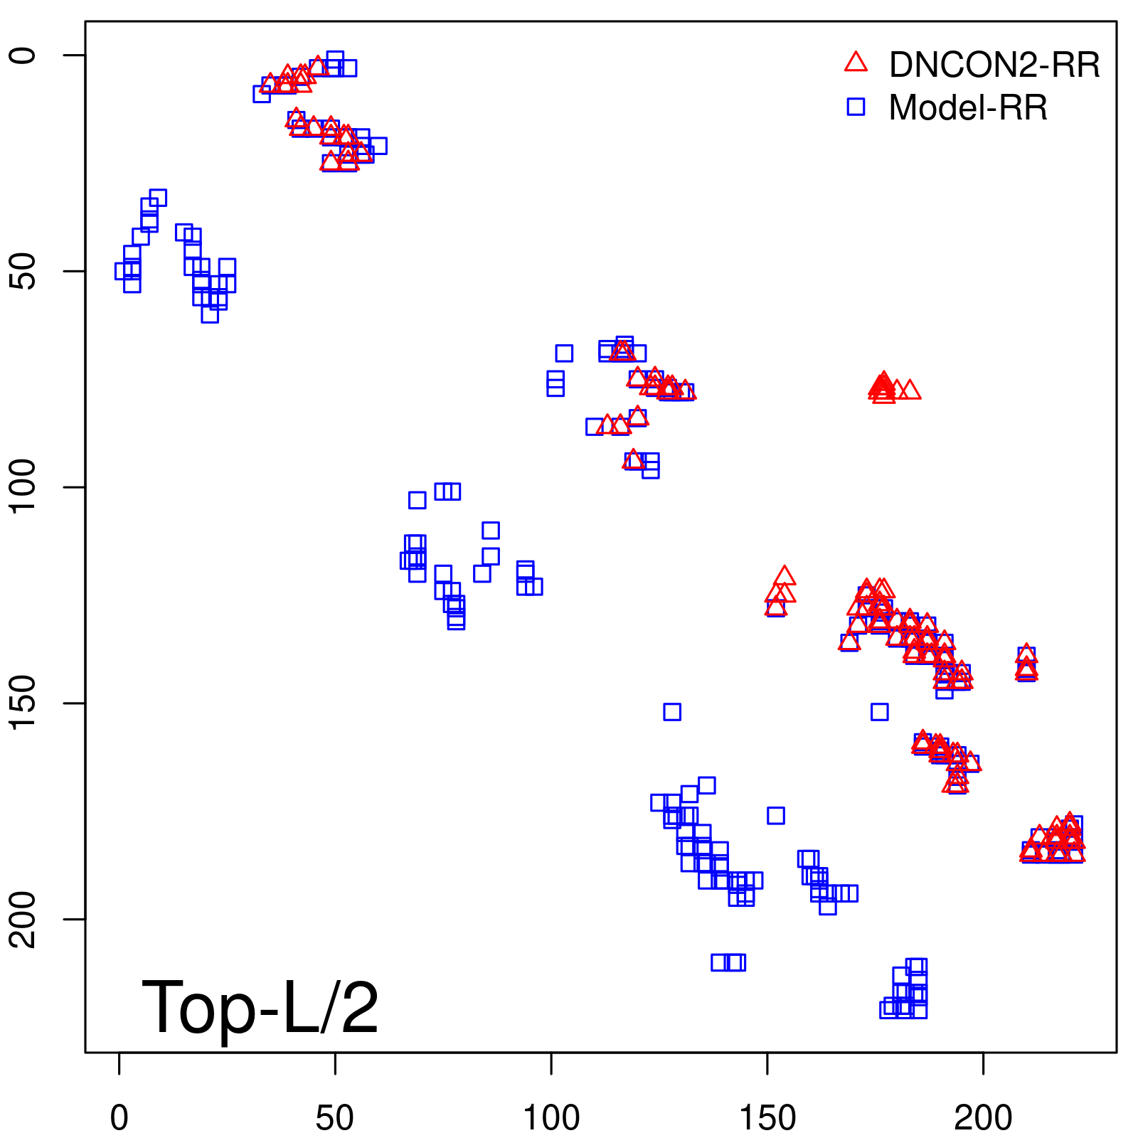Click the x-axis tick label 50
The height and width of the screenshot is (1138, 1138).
click(334, 1119)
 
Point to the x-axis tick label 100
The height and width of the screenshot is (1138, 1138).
click(551, 1119)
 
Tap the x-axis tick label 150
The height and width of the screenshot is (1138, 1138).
click(767, 1119)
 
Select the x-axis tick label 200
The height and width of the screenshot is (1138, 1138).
click(983, 1119)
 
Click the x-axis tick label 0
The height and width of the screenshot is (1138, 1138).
click(119, 1119)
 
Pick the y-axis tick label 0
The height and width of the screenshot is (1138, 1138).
click(23, 55)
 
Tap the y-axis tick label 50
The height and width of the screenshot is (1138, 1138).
click(23, 271)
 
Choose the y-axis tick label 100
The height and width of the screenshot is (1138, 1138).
click(23, 487)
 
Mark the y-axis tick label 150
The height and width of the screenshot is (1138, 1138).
click(23, 703)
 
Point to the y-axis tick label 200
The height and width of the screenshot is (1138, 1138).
click(23, 919)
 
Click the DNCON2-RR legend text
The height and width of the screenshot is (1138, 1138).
click(994, 65)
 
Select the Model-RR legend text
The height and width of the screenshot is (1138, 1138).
click(967, 108)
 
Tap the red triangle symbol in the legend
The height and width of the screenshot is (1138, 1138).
click(856, 63)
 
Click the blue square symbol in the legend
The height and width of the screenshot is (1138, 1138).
click(856, 107)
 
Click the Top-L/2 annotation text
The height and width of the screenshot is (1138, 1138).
click(260, 1007)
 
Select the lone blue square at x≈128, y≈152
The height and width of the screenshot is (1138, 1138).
click(672, 711)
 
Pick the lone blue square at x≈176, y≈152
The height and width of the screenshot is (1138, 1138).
click(880, 711)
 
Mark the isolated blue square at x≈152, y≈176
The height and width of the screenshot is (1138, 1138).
click(776, 815)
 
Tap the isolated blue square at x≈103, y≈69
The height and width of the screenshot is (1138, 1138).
click(564, 353)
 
